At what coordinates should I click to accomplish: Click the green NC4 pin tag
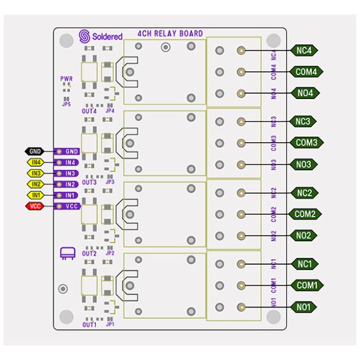click(x=304, y=50)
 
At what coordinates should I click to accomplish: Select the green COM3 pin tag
click(x=306, y=143)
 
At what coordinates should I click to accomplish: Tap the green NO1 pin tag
click(x=303, y=307)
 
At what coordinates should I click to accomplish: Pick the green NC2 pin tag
click(x=305, y=193)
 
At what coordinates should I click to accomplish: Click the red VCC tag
click(x=35, y=206)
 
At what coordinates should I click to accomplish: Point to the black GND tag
click(x=34, y=151)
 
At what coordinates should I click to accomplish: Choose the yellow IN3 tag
click(x=36, y=173)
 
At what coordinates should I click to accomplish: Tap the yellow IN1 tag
click(x=36, y=195)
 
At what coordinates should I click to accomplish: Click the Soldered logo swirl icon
click(x=84, y=36)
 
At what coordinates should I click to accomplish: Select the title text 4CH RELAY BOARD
click(x=170, y=34)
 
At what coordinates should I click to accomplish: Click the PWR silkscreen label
click(x=66, y=79)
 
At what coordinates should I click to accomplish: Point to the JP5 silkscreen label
click(x=66, y=104)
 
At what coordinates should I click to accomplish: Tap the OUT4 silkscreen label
click(x=89, y=111)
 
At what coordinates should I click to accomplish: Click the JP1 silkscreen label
click(x=110, y=324)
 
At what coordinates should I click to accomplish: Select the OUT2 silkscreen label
click(x=89, y=254)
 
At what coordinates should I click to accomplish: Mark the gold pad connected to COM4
click(x=241, y=72)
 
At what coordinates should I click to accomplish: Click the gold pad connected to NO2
click(x=241, y=236)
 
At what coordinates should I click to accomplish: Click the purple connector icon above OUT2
click(x=68, y=254)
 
